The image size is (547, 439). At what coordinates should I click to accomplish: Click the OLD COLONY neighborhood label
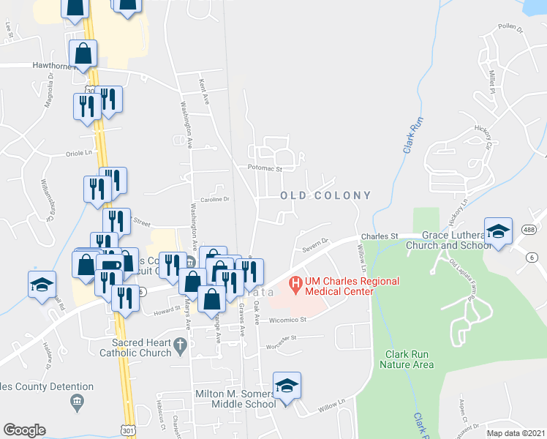point(325,195)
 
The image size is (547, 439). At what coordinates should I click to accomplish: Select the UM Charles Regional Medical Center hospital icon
point(295,282)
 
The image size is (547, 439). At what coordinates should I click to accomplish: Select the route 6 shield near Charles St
point(532,257)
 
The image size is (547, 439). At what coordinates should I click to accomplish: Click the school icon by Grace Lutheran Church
point(498,231)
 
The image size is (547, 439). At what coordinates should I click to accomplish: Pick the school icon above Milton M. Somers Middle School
point(287,385)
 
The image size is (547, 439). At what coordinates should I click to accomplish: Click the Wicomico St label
point(287,320)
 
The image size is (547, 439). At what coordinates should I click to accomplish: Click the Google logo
point(24,430)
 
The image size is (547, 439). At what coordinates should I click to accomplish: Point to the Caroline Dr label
point(215,198)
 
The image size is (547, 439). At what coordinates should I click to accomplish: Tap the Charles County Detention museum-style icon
point(76,402)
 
